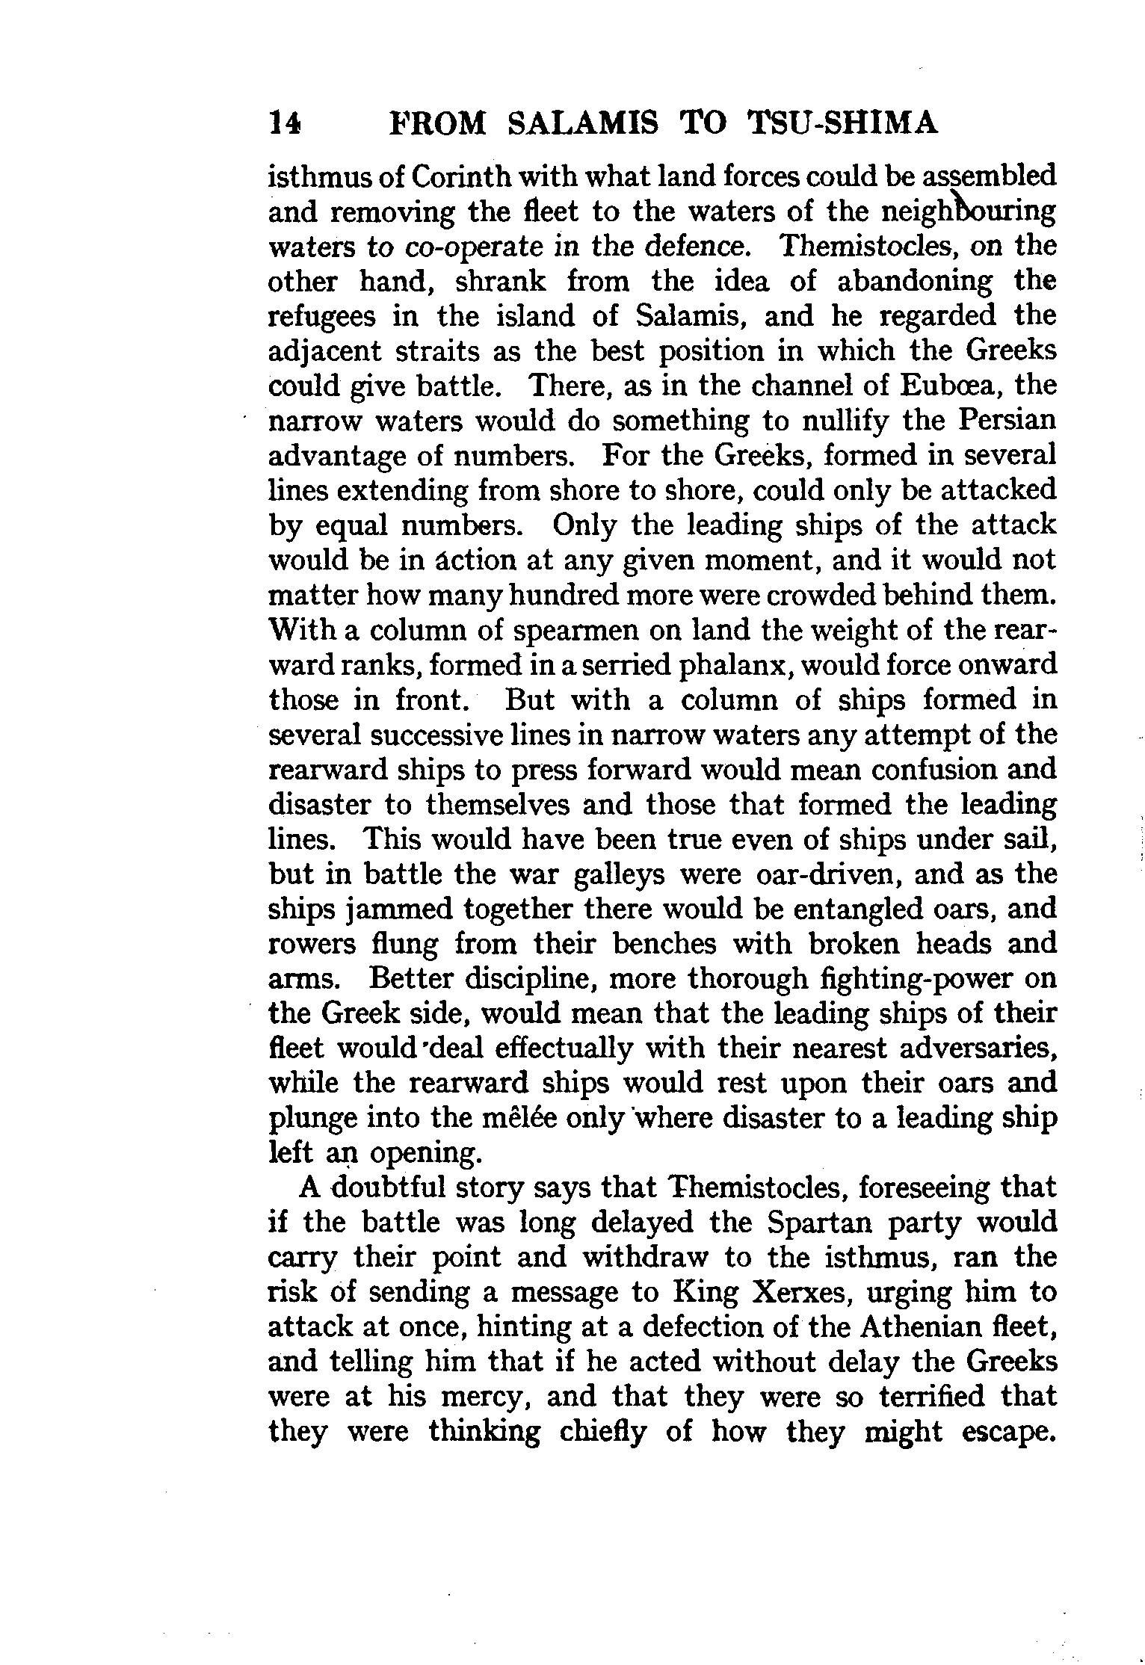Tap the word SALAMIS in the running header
pos(583,123)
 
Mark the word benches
pos(664,945)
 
